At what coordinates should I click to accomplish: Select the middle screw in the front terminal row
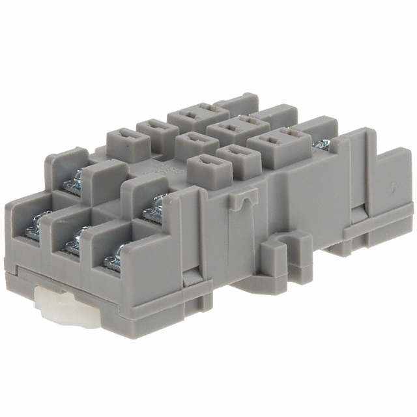pos(74,242)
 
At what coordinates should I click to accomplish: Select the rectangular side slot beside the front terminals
pos(190,276)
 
